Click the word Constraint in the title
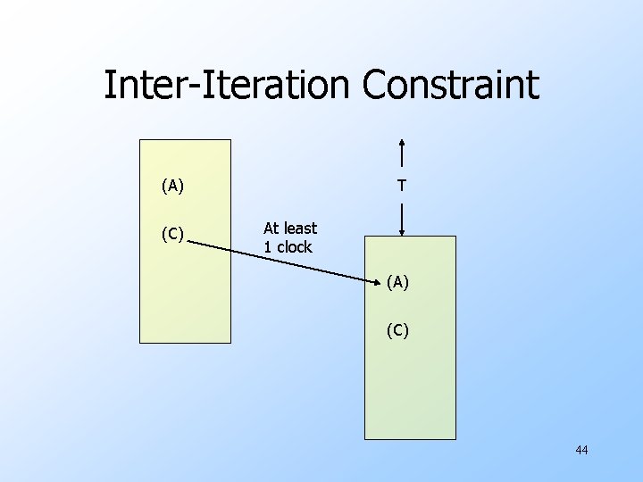click(x=450, y=86)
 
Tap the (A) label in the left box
click(x=172, y=187)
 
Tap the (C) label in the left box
click(x=172, y=235)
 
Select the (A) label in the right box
click(x=397, y=283)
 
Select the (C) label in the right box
click(x=397, y=331)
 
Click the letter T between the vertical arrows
click(x=403, y=187)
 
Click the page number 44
click(x=581, y=450)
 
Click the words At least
click(x=289, y=229)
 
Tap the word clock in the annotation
click(x=295, y=247)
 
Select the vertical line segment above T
click(x=403, y=157)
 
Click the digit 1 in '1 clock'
click(x=267, y=247)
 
